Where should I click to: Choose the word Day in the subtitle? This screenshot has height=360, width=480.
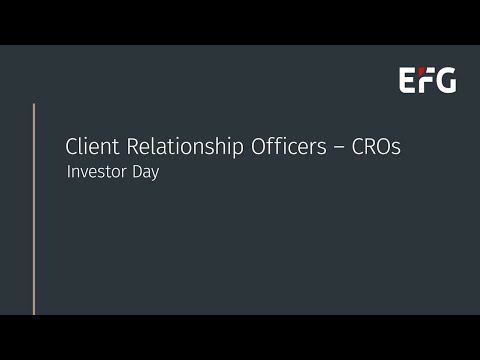143,173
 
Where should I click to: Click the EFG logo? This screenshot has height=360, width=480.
428,81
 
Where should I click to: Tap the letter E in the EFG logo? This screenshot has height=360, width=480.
408,81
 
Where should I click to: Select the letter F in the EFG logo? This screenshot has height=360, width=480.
425,81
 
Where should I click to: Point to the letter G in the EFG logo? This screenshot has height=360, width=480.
445,81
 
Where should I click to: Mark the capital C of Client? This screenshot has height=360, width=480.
72,146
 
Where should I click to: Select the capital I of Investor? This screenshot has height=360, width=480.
68,172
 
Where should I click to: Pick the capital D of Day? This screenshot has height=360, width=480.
134,172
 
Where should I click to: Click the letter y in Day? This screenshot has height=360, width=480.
155,175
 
